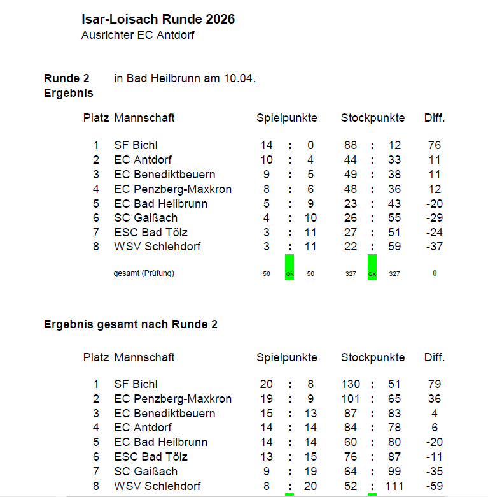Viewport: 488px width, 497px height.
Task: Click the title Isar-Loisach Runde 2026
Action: pos(158,20)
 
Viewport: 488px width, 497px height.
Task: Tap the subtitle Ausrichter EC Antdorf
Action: pos(137,36)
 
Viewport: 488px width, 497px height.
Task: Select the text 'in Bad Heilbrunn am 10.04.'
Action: pos(185,79)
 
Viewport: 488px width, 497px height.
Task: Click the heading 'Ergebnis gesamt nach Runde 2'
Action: pos(130,324)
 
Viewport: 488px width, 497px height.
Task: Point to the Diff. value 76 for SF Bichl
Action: pos(435,145)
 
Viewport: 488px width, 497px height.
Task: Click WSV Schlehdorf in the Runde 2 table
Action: pos(157,247)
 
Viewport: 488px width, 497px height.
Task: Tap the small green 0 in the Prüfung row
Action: pos(435,273)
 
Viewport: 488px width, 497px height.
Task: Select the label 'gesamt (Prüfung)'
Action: pos(144,273)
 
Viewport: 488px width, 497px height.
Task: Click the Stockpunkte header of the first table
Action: pos(372,118)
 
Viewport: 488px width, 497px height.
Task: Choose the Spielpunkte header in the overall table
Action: pos(286,357)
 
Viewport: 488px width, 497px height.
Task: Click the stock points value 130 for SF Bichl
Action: pos(351,384)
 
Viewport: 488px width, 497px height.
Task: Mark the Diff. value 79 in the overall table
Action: pos(435,384)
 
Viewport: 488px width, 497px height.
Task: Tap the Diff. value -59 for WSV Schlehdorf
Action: pos(435,486)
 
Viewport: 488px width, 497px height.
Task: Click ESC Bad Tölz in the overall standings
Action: pos(151,457)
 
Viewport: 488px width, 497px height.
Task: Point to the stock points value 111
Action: pos(394,486)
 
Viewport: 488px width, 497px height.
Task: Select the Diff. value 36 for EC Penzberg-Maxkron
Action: pos(435,399)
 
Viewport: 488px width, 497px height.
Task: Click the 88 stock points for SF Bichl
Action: pos(351,145)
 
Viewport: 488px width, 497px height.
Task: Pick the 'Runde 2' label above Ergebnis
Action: pos(67,79)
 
